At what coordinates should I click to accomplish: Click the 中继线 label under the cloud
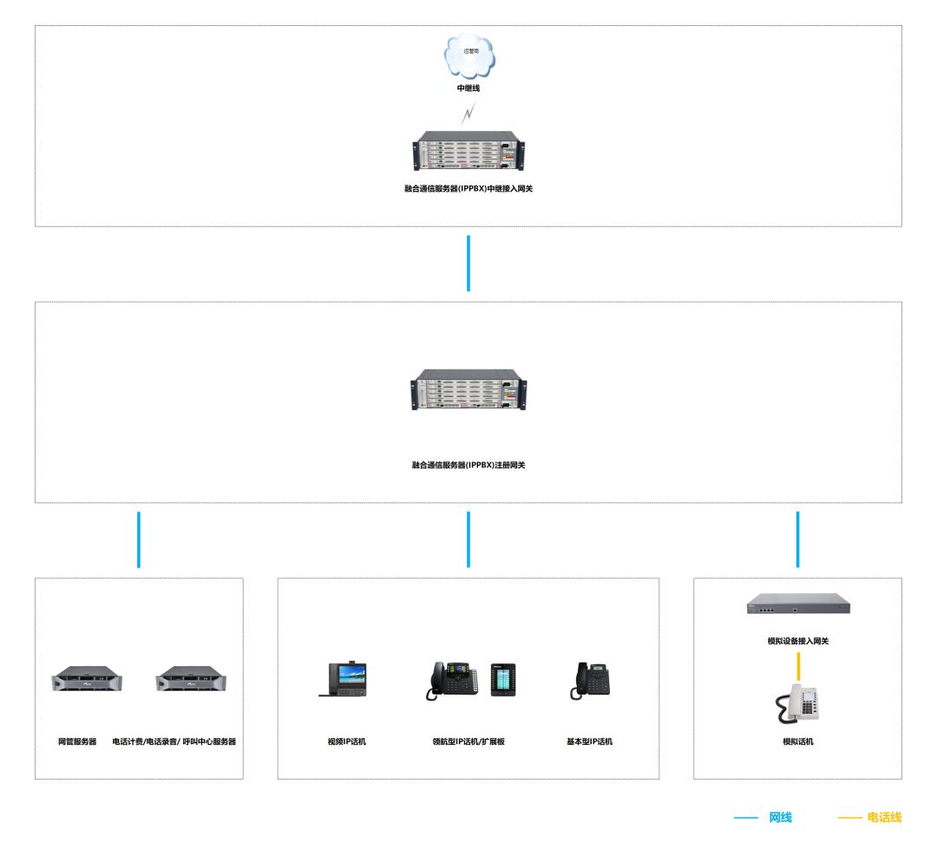point(468,88)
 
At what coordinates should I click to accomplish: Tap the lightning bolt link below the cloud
point(468,113)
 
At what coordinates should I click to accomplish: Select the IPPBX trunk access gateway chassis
point(468,151)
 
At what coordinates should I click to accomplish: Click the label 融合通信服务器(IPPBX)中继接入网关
point(468,188)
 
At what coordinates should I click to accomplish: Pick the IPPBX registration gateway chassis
point(468,390)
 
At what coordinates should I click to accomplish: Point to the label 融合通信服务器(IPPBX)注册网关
point(468,466)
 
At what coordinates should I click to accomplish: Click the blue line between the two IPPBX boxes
point(468,263)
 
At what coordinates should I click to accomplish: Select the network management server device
point(87,680)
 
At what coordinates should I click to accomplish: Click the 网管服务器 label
point(77,742)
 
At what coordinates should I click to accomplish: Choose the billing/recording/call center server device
point(191,680)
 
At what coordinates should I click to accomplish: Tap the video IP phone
point(344,680)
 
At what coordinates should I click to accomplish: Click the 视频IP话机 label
point(347,742)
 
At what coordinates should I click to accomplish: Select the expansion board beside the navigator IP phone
point(503,680)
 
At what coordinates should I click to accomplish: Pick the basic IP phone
point(589,681)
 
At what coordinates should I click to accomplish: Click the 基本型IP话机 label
point(590,742)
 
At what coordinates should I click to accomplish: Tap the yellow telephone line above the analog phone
point(798,667)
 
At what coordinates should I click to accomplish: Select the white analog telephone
point(798,703)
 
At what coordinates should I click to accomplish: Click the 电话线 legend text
point(884,818)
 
